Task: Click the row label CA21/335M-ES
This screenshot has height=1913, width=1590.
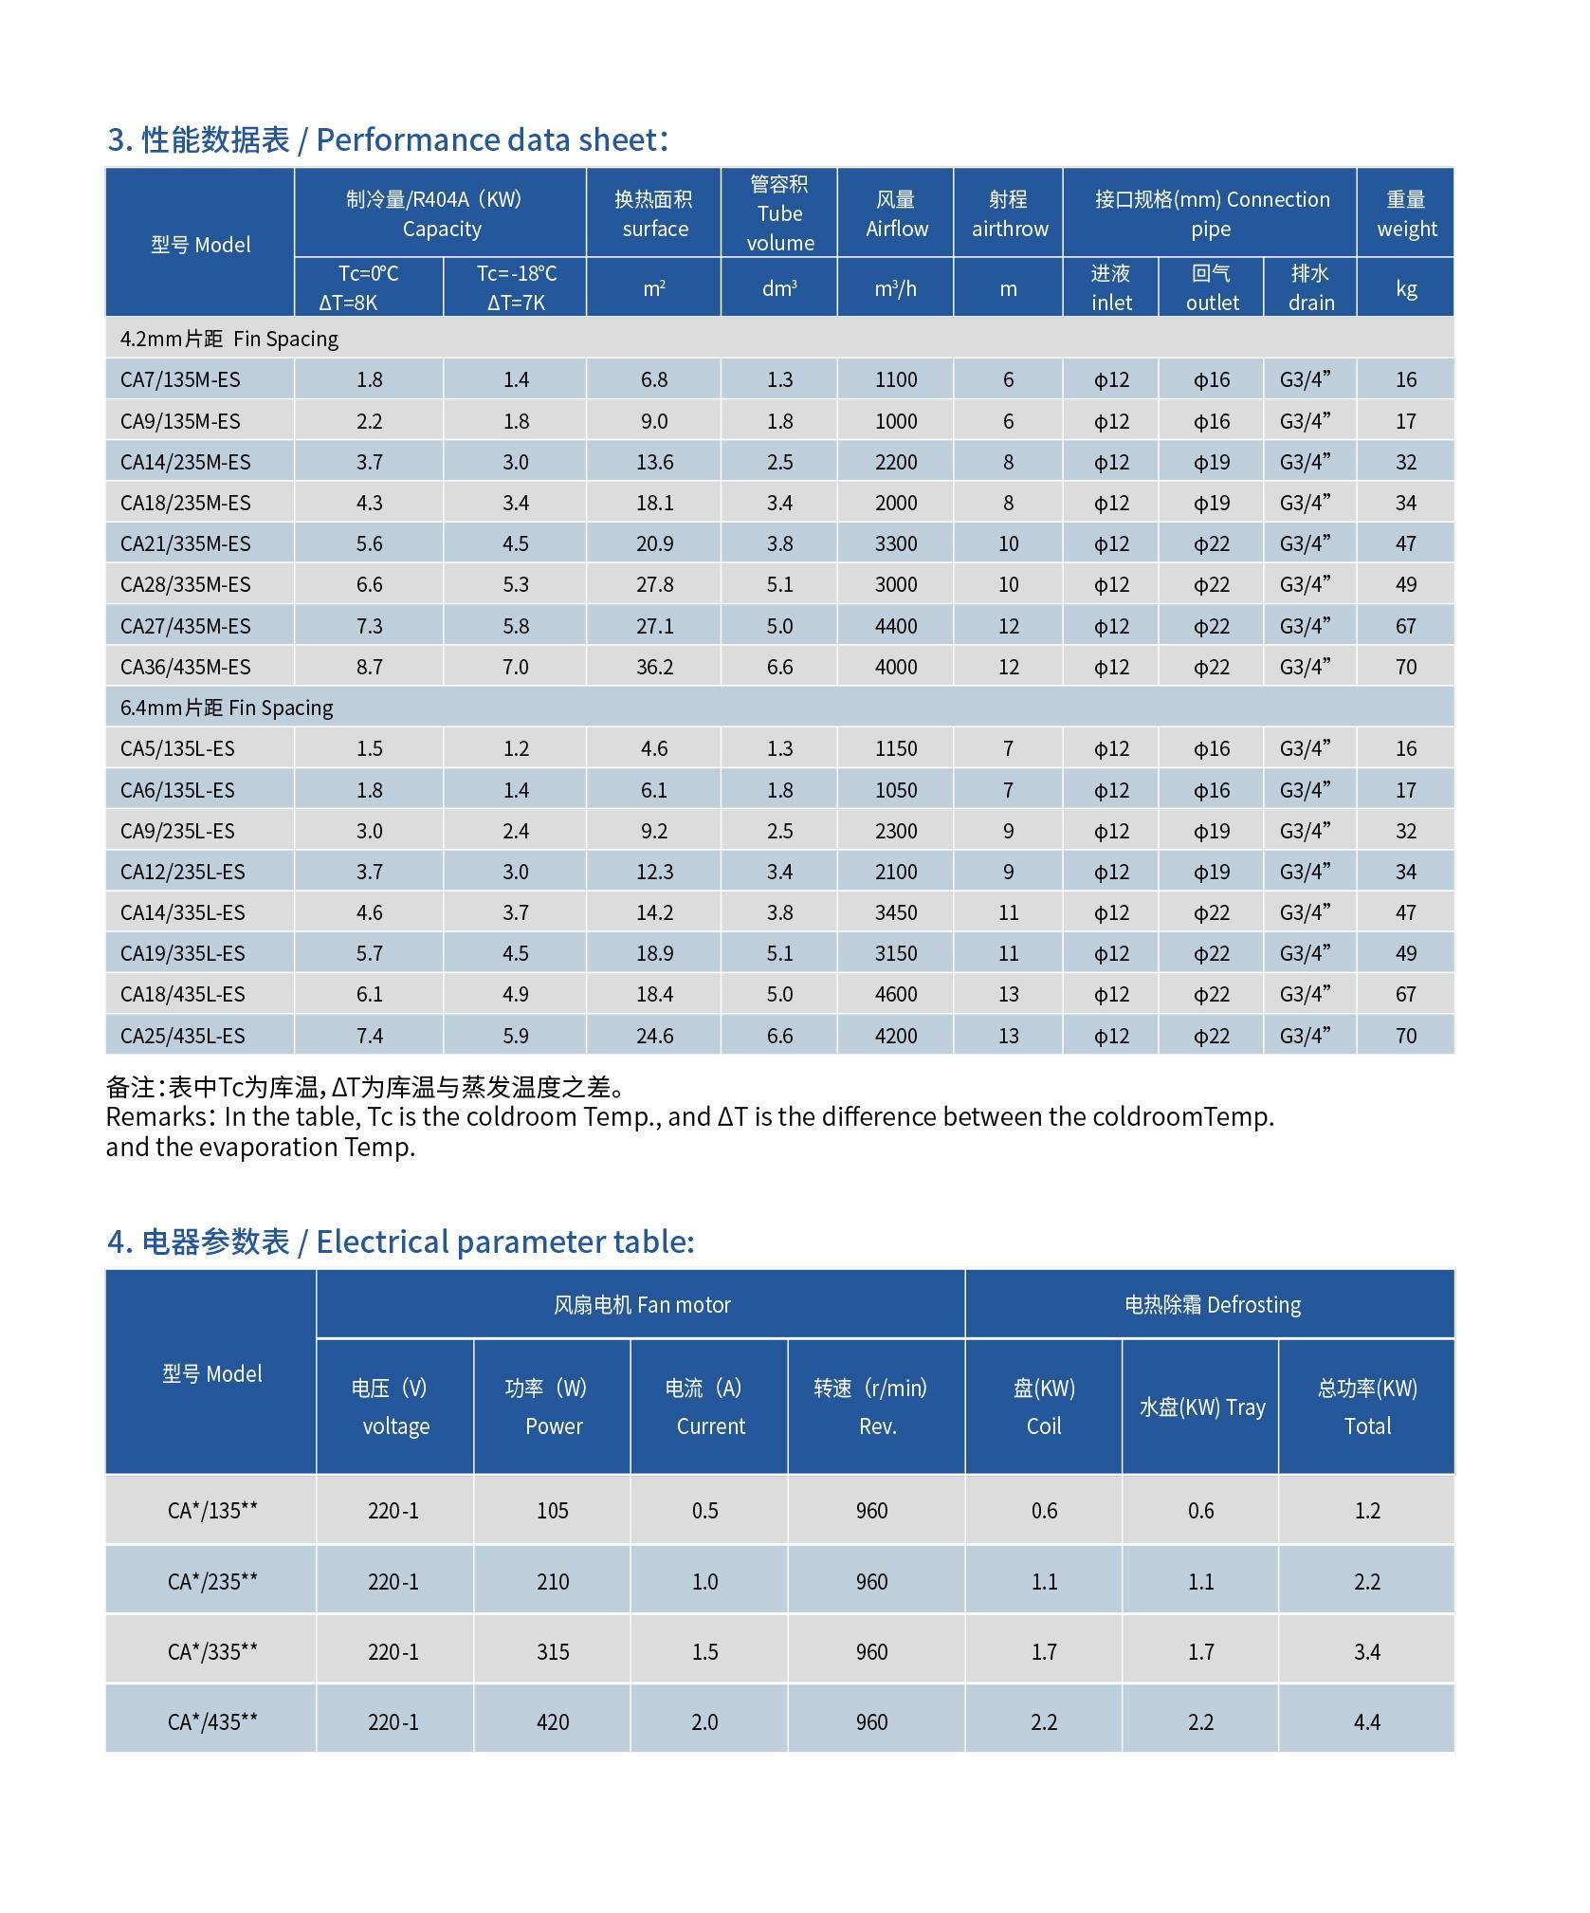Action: (x=185, y=543)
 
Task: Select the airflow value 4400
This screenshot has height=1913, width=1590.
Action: (x=896, y=626)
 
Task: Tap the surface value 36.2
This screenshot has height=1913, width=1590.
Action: (x=654, y=667)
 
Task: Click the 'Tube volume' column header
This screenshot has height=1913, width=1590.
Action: (x=779, y=213)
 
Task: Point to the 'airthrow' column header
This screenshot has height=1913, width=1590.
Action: (x=1009, y=213)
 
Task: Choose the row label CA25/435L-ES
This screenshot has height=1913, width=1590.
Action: (x=182, y=1036)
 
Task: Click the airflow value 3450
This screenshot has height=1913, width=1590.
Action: (x=896, y=912)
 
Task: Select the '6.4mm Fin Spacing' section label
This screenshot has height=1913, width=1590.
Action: (x=227, y=708)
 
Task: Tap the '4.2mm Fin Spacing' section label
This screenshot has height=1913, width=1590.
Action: (x=228, y=339)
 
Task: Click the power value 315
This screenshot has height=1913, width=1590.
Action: (x=553, y=1651)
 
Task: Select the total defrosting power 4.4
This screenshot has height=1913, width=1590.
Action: (x=1366, y=1721)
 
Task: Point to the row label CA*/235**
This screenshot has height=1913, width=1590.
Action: (x=212, y=1581)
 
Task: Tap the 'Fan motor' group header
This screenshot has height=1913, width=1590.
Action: (x=642, y=1304)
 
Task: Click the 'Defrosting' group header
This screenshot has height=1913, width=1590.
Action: (x=1212, y=1304)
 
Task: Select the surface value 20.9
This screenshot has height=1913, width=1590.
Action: (x=654, y=543)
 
